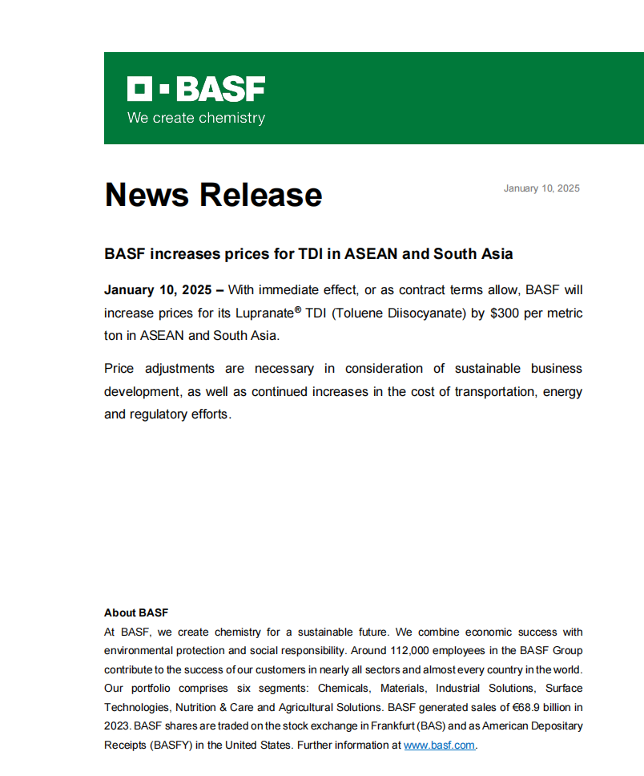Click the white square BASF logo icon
pyautogui.click(x=139, y=89)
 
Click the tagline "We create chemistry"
pyautogui.click(x=195, y=118)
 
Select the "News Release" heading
pyautogui.click(x=213, y=195)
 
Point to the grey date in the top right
pyautogui.click(x=541, y=188)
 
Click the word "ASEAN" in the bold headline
pyautogui.click(x=371, y=254)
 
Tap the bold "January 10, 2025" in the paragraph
pyautogui.click(x=158, y=289)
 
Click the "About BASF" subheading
pyautogui.click(x=136, y=612)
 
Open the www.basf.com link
pyautogui.click(x=439, y=745)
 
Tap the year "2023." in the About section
pyautogui.click(x=118, y=725)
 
